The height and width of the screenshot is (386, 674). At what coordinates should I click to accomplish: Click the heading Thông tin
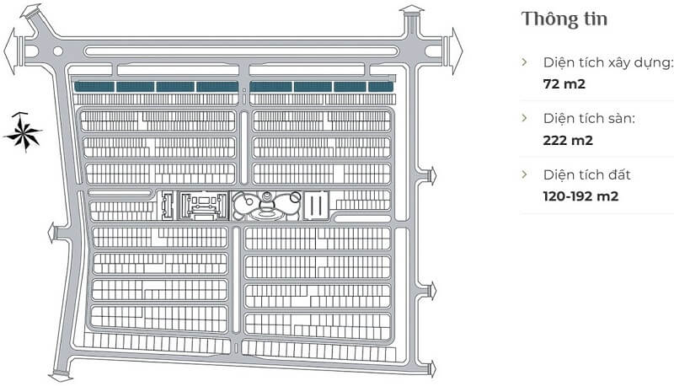564,19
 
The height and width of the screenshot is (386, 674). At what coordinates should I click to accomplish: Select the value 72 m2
564,83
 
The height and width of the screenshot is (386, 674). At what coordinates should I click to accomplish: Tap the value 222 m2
568,140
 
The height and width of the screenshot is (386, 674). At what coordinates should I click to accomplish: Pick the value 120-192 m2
580,196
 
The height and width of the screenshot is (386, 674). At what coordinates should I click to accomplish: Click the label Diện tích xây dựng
607,62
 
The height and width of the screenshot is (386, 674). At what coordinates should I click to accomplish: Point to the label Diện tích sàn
589,118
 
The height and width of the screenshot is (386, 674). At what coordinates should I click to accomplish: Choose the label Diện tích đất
586,174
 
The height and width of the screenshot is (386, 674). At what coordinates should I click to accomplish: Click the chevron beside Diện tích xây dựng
524,62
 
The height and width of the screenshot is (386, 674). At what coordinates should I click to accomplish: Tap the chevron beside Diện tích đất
524,174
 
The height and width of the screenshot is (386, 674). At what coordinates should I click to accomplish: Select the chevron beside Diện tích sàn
524,118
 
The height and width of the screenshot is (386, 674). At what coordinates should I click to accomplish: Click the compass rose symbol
23,132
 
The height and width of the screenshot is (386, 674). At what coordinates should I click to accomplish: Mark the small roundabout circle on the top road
57,51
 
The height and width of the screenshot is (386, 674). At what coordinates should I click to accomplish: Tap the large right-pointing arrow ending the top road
456,51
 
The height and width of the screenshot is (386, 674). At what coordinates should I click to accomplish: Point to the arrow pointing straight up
411,10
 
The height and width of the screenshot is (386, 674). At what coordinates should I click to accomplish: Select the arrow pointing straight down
61,377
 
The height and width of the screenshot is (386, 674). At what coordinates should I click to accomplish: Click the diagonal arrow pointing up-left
31,12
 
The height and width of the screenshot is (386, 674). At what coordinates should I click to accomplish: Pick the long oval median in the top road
241,51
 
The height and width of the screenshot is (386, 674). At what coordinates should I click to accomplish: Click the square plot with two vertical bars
316,206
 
